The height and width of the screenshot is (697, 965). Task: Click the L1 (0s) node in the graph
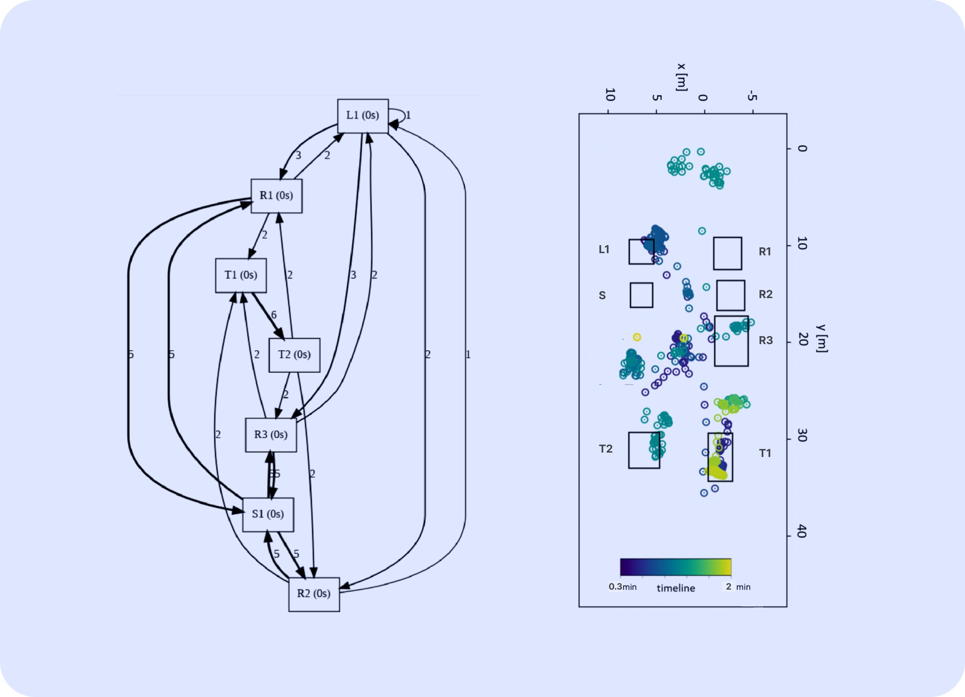pyautogui.click(x=363, y=116)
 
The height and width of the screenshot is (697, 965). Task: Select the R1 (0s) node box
pyautogui.click(x=277, y=195)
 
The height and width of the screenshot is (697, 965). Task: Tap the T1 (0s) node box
pyautogui.click(x=241, y=275)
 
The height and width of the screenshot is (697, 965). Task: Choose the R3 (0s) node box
pyautogui.click(x=270, y=435)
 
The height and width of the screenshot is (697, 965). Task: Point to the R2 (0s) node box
pyautogui.click(x=314, y=594)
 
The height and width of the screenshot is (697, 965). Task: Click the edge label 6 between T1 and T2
pyautogui.click(x=273, y=315)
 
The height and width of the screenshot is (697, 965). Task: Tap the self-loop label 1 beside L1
pyautogui.click(x=408, y=115)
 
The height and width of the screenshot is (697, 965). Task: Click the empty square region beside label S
pyautogui.click(x=641, y=295)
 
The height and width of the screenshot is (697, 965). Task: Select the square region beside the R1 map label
pyautogui.click(x=727, y=254)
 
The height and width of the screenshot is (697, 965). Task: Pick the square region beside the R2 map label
pyautogui.click(x=731, y=295)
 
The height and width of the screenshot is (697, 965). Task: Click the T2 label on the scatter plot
pyautogui.click(x=605, y=449)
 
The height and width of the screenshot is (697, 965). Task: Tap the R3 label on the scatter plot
pyautogui.click(x=765, y=340)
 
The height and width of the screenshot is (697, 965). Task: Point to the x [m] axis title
pyautogui.click(x=682, y=77)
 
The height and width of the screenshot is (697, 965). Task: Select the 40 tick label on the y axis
pyautogui.click(x=802, y=531)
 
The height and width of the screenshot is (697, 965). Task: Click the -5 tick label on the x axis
pyautogui.click(x=752, y=96)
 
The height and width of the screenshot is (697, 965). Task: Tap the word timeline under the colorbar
pyautogui.click(x=675, y=588)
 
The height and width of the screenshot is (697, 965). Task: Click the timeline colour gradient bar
pyautogui.click(x=675, y=567)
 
